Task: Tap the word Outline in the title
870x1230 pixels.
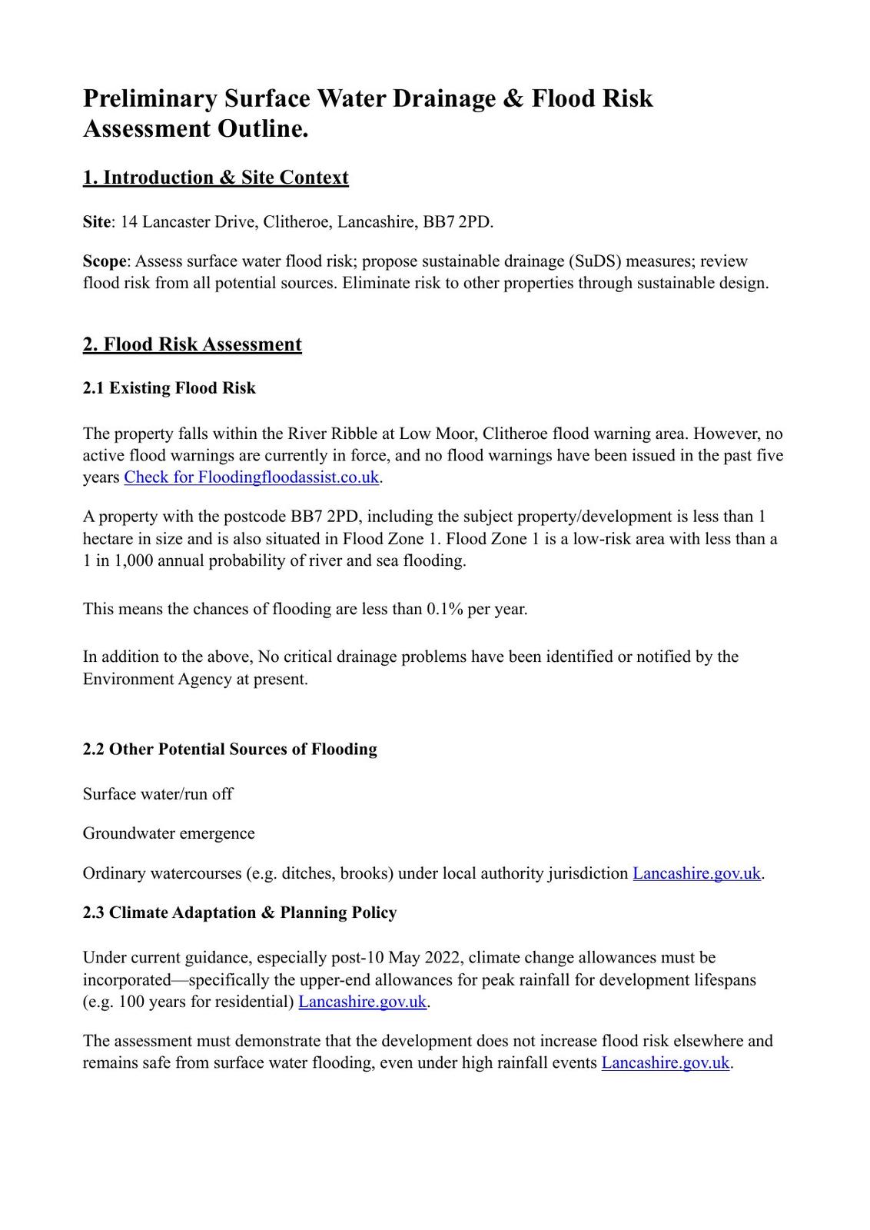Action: coord(261,129)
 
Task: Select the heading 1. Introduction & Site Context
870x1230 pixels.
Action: coord(215,178)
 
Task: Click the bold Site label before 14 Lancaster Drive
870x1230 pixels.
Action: coord(97,222)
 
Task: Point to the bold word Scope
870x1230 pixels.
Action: coord(104,261)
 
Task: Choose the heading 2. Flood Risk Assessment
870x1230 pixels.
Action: coord(192,344)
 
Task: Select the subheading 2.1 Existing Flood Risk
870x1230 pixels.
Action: coord(169,388)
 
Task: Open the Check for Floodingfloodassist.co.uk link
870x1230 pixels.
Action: coord(251,477)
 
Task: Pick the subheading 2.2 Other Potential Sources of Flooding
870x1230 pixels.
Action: coord(230,750)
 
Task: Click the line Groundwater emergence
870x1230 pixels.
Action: coord(168,833)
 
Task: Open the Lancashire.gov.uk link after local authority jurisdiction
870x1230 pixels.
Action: coord(696,873)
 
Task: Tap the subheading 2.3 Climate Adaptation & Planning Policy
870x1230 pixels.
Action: coord(240,913)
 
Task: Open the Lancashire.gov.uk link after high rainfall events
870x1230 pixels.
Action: coord(665,1063)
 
